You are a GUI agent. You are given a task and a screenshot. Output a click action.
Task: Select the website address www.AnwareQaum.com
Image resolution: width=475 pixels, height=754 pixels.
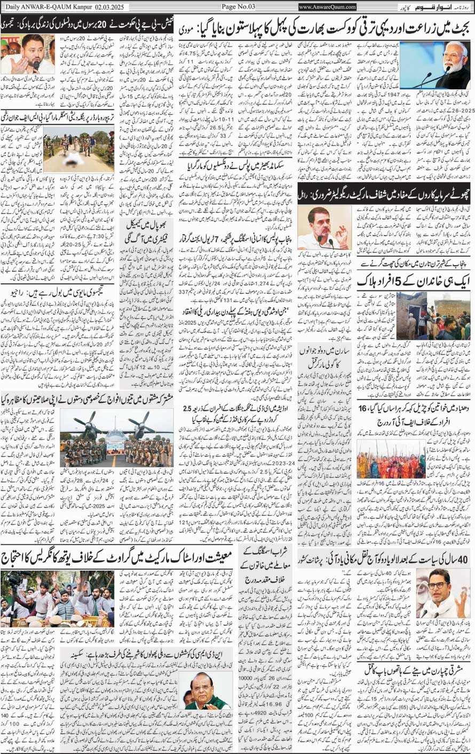327,7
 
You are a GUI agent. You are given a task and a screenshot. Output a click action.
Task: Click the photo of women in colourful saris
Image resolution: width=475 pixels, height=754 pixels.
391,459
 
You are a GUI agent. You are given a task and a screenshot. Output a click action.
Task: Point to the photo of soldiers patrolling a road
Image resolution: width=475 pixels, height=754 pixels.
78,149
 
